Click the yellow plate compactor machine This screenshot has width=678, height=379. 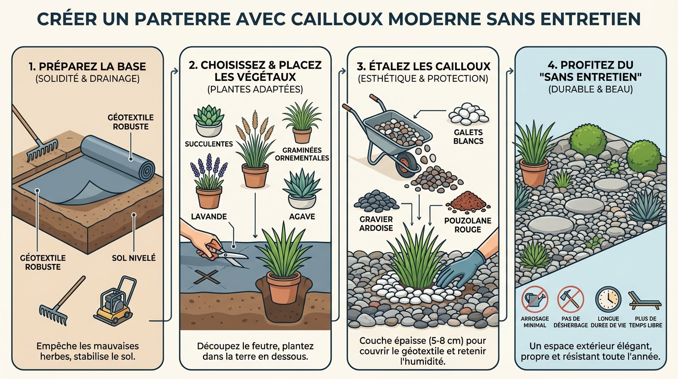point(114,302)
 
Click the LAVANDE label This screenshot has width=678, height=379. point(203,217)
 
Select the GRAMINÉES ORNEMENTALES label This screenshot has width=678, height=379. point(302,154)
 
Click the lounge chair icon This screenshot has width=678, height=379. point(644,300)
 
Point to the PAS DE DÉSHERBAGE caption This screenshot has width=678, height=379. point(571,322)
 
